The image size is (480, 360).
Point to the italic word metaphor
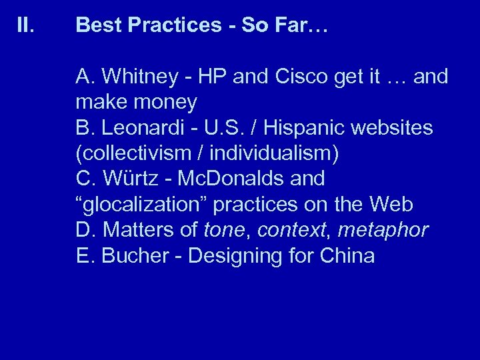[x=383, y=231]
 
